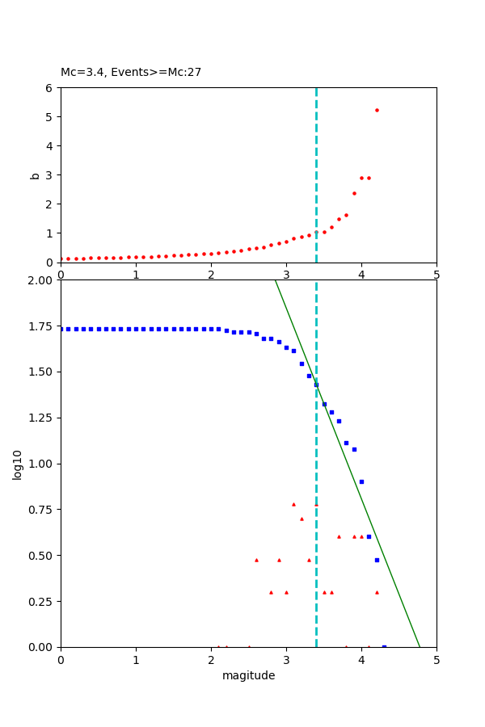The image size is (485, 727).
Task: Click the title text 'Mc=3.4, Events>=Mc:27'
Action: pos(131,73)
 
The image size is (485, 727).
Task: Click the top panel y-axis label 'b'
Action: pos(35,174)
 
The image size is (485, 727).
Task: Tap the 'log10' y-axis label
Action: pos(18,464)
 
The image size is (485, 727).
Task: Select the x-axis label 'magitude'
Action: pos(248,676)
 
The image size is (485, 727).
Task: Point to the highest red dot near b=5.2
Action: pos(377,110)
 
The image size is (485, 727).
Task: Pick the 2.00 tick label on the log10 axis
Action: pos(40,280)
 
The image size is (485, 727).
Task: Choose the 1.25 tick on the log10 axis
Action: pos(40,418)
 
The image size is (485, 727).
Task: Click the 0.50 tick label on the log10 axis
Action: pos(40,556)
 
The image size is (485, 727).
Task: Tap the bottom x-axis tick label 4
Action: pos(361,661)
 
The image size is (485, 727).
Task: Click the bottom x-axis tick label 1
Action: pos(136,661)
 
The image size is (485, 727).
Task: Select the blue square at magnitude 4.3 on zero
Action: pos(384,646)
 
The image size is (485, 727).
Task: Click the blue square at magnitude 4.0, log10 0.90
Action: pos(361,481)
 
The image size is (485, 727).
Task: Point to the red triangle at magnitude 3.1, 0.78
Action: pos(293,504)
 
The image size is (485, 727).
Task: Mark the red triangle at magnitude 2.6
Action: pos(256,560)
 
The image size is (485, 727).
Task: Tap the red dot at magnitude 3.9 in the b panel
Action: pos(354,193)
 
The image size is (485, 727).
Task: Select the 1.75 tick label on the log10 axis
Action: pos(40,326)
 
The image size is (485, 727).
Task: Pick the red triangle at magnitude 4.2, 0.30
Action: pos(377,592)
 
